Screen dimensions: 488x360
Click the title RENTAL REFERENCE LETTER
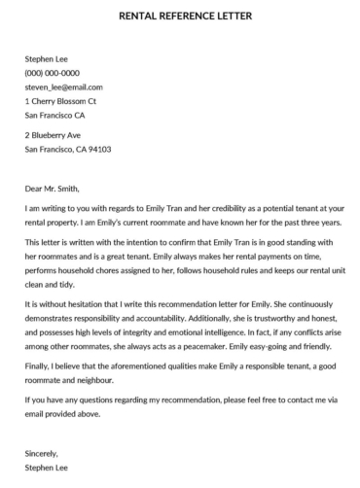pyautogui.click(x=180, y=16)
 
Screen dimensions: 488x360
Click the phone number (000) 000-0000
pyautogui.click(x=53, y=72)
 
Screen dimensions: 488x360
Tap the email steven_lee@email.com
pyautogui.click(x=64, y=87)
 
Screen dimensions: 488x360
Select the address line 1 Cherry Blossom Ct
pyautogui.click(x=60, y=100)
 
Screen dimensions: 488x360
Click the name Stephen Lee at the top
pyautogui.click(x=48, y=58)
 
